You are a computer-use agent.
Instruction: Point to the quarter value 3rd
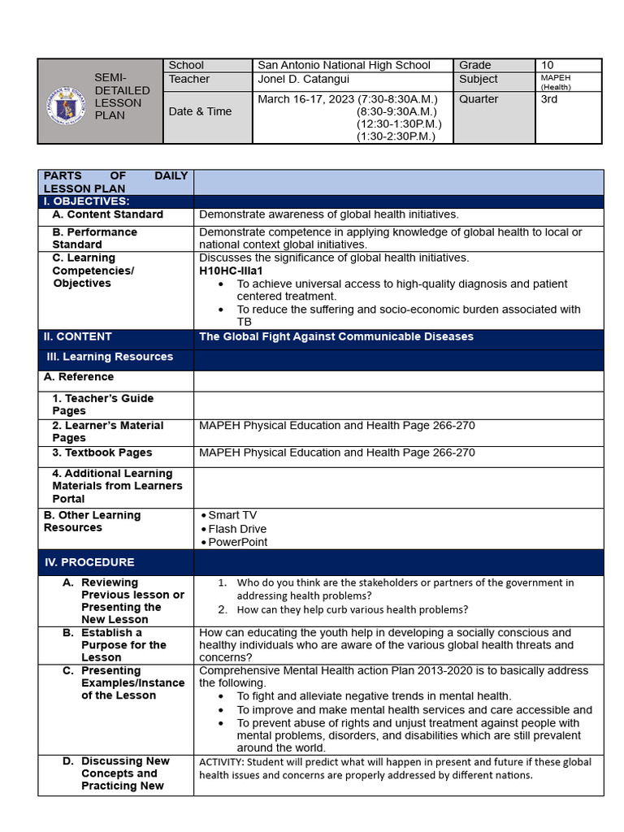[x=550, y=99]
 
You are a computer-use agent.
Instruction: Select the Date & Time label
[x=200, y=111]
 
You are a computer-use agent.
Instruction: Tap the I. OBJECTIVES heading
[x=86, y=201]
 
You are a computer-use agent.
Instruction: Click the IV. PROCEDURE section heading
[x=89, y=562]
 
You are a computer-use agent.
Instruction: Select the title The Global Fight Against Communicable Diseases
[x=336, y=336]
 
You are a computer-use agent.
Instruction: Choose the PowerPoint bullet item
[x=237, y=542]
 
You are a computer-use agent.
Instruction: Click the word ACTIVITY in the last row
[x=220, y=762]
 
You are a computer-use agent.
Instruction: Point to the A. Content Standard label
[x=107, y=214]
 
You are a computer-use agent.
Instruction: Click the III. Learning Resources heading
[x=110, y=357]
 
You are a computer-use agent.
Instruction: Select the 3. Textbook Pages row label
[x=102, y=453]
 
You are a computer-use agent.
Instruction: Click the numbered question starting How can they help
[x=352, y=609]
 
